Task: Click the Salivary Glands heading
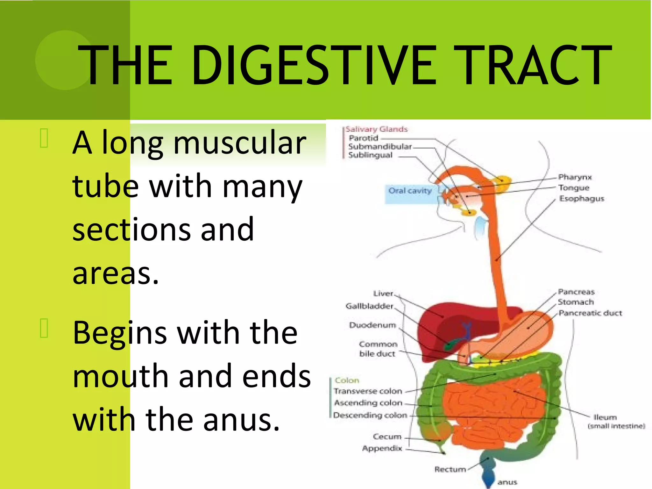pyautogui.click(x=376, y=129)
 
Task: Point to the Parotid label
pyautogui.click(x=363, y=138)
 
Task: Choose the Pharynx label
pyautogui.click(x=575, y=177)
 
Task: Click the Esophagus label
pyautogui.click(x=582, y=199)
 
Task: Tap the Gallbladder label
pyautogui.click(x=369, y=306)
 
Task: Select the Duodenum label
pyautogui.click(x=372, y=325)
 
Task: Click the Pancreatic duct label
pyautogui.click(x=590, y=313)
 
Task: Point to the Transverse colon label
pyautogui.click(x=368, y=391)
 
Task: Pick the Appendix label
pyautogui.click(x=382, y=449)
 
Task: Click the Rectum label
pyautogui.click(x=450, y=469)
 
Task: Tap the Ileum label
pyautogui.click(x=605, y=417)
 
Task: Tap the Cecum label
pyautogui.click(x=387, y=436)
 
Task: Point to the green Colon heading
pyautogui.click(x=347, y=380)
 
